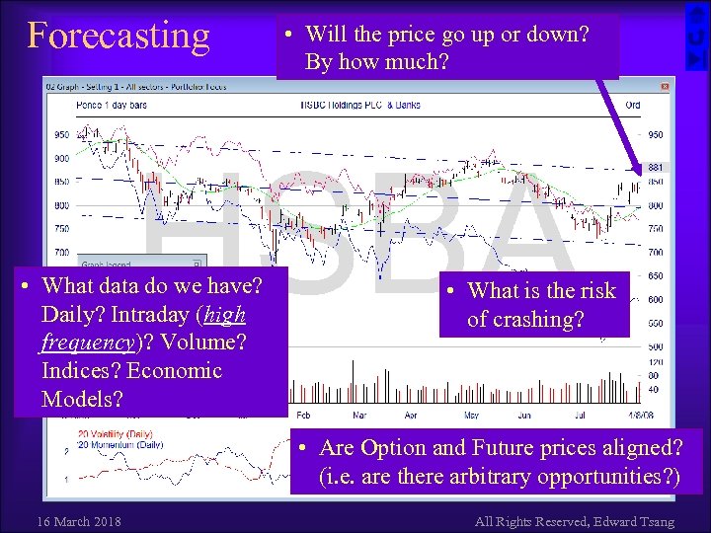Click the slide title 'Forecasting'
coord(118,36)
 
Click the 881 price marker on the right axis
coord(654,168)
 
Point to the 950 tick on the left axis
coord(61,134)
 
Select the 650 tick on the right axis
coord(655,276)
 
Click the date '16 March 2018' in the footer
coord(78,520)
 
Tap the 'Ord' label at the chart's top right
coord(633,104)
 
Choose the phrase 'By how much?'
coord(376,62)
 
